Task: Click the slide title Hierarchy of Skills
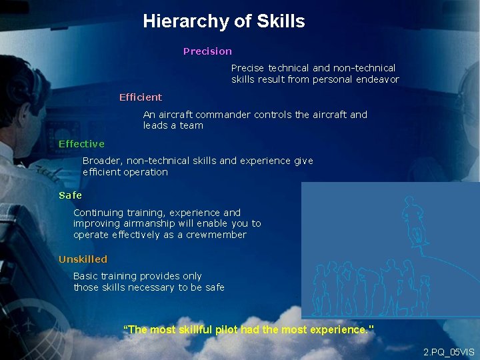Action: [x=223, y=21]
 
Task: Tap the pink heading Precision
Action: [x=207, y=51]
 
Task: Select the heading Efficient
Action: [x=140, y=97]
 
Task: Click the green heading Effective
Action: [x=81, y=144]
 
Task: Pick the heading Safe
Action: [x=70, y=195]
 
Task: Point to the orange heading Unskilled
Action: [x=83, y=259]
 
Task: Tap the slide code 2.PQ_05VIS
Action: [x=449, y=351]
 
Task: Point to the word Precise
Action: [x=247, y=68]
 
